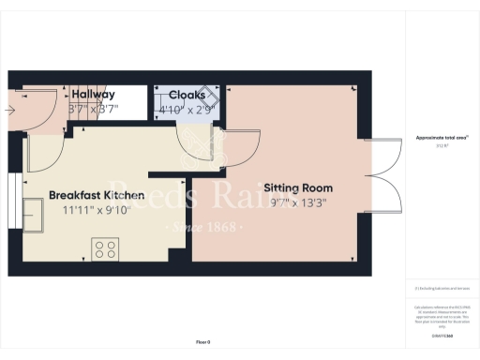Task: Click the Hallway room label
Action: (x=94, y=95)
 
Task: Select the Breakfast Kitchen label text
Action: (x=97, y=195)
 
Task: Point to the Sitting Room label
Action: (x=298, y=187)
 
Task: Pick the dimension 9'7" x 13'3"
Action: (x=298, y=202)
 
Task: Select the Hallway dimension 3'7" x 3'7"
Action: (x=94, y=109)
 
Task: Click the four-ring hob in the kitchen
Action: (x=104, y=248)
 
